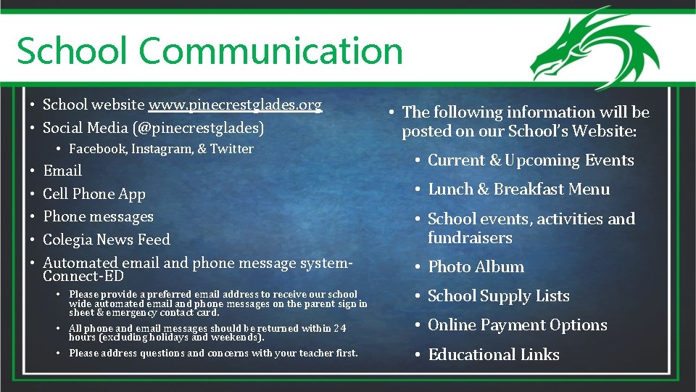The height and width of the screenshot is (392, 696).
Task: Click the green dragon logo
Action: [594, 48]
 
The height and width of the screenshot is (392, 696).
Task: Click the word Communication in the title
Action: [270, 51]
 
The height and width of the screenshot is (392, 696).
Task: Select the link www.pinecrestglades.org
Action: [235, 105]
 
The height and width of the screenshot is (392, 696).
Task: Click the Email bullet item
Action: [62, 171]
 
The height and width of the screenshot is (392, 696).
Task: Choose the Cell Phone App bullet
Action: [94, 194]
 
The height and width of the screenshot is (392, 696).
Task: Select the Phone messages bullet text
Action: [99, 216]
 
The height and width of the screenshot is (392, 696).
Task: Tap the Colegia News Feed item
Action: [107, 240]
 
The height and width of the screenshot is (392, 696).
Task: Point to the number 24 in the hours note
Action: [339, 329]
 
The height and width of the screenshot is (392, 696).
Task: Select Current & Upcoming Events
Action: [531, 160]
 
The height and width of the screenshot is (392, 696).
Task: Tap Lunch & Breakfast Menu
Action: [518, 189]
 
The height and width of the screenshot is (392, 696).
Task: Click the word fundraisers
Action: [470, 238]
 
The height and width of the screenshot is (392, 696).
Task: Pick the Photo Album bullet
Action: [476, 267]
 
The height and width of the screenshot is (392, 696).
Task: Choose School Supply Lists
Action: [498, 296]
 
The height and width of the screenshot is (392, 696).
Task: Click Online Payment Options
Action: [517, 325]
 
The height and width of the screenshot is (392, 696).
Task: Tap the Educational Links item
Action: [494, 355]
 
